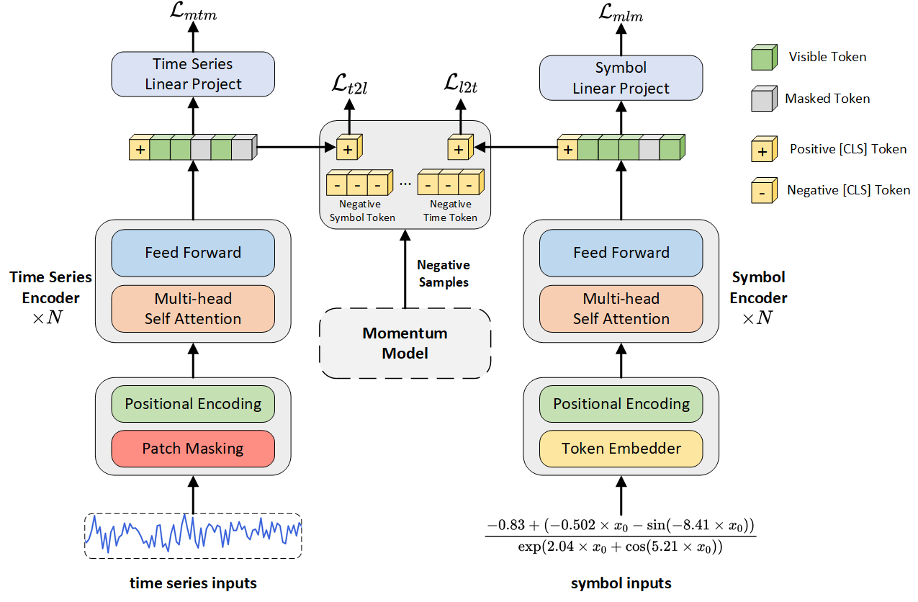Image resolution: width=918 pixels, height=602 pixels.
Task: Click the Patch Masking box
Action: (193, 449)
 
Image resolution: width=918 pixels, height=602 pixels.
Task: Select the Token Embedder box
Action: (621, 449)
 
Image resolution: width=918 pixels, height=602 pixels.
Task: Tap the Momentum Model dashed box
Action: (405, 343)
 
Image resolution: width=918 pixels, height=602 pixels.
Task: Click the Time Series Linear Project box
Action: (193, 74)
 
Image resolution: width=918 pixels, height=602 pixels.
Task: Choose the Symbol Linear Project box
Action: (621, 78)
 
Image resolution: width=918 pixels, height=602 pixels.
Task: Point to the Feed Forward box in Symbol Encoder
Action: (621, 253)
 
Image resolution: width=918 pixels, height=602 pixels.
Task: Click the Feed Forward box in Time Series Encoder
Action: (193, 253)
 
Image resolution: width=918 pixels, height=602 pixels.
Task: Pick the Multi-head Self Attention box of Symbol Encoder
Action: (621, 309)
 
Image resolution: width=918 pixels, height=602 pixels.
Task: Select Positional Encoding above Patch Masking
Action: (193, 404)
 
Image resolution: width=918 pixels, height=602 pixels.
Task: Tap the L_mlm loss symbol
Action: (621, 14)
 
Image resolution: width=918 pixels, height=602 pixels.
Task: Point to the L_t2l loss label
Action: (349, 86)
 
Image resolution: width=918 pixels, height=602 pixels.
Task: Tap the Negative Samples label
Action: (444, 274)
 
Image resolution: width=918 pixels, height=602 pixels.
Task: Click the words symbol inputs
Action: (621, 583)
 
